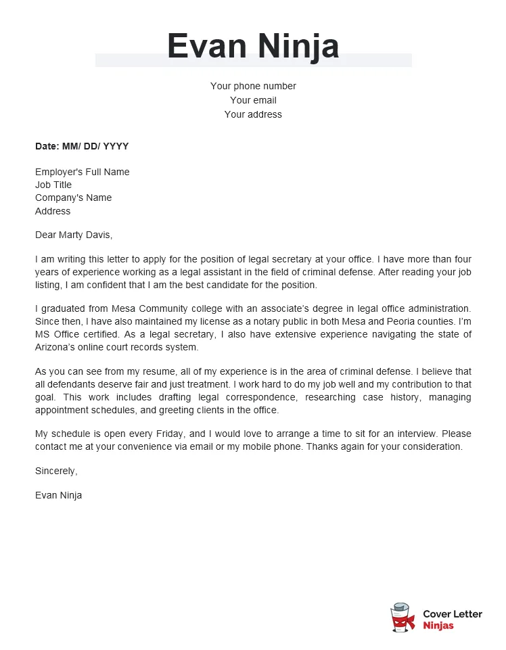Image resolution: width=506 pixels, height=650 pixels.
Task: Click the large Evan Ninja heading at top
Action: (253, 47)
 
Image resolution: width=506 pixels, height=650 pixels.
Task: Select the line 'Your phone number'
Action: (253, 86)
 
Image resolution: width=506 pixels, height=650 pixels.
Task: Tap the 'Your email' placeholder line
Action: (253, 100)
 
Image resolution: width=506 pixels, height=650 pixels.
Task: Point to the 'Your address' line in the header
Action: (253, 114)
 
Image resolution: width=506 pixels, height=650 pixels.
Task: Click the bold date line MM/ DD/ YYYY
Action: (82, 146)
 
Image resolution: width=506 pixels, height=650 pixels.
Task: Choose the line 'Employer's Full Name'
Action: (82, 172)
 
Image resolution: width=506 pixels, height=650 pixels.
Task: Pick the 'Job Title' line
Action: (53, 185)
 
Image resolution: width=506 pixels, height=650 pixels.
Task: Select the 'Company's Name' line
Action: (74, 198)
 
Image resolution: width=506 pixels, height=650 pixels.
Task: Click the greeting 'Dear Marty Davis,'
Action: (74, 235)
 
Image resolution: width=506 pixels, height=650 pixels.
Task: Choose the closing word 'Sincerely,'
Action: (56, 471)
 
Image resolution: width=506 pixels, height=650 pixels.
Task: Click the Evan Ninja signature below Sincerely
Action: (58, 495)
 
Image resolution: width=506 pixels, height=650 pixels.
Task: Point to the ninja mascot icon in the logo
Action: (402, 618)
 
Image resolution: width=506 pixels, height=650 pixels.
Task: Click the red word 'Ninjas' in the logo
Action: (438, 626)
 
